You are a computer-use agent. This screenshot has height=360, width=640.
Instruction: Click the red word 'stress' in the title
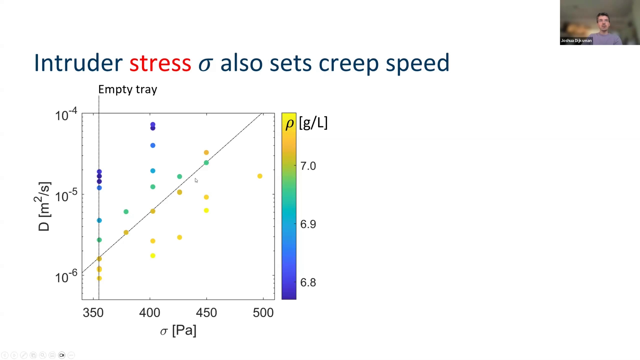click(160, 63)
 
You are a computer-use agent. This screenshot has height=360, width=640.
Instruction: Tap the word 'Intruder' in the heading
click(78, 63)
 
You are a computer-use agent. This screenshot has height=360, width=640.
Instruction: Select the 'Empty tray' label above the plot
click(127, 89)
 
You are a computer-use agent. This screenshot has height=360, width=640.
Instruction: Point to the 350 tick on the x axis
click(93, 313)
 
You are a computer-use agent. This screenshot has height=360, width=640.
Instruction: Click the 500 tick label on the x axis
click(263, 313)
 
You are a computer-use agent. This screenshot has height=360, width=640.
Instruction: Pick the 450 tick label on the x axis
click(206, 313)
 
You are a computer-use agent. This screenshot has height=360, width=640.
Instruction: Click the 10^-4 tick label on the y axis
click(66, 115)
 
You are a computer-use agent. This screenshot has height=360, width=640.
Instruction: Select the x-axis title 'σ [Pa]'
click(178, 331)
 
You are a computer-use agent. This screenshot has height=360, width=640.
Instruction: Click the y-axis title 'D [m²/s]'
click(44, 207)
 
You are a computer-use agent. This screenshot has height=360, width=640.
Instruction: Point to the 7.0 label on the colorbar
click(308, 166)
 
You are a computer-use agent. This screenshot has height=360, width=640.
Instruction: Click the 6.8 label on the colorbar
click(308, 283)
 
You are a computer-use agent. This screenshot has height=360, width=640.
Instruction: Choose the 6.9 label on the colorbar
click(308, 224)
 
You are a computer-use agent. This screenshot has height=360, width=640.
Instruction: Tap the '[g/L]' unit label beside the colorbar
click(313, 123)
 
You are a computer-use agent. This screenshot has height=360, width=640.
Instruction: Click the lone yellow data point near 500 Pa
click(260, 176)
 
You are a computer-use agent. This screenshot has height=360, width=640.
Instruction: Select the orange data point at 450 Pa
click(206, 153)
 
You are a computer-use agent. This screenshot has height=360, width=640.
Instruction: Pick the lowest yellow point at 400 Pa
click(153, 256)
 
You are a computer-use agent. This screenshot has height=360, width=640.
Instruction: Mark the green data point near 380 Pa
click(126, 212)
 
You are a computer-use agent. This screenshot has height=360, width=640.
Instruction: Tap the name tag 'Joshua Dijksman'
click(576, 41)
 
